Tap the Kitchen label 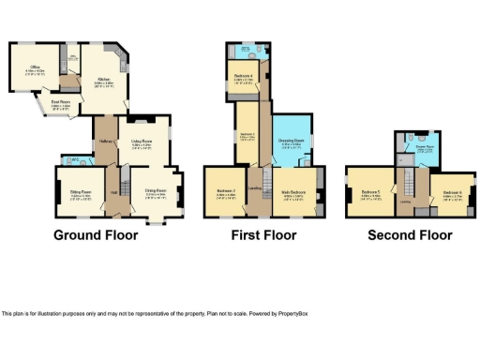[103, 80]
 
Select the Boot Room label [60, 103]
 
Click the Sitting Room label [79, 192]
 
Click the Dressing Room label [292, 142]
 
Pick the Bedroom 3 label [247, 135]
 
